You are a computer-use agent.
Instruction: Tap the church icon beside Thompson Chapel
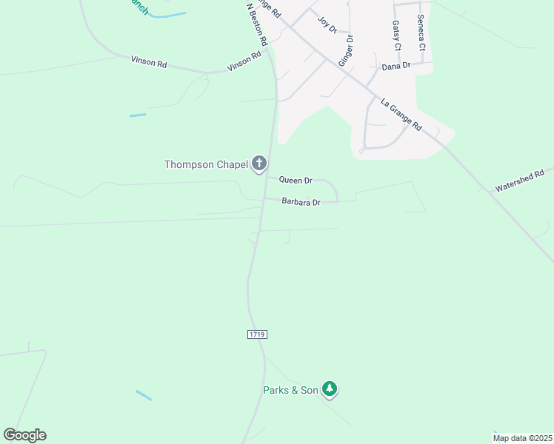point(258,164)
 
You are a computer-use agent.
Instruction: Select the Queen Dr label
point(296,180)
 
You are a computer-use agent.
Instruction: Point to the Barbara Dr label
point(301,202)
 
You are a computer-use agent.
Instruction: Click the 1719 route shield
point(257,334)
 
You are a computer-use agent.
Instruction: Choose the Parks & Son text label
point(290,390)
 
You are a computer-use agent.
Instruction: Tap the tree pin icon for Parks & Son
point(330,388)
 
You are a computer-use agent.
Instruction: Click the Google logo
point(24,435)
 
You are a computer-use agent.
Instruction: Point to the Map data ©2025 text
point(523,437)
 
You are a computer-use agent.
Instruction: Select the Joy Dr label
point(327,24)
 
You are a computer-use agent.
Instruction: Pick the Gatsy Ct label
point(396,36)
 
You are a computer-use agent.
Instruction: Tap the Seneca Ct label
point(421,33)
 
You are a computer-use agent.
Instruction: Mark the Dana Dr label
point(396,67)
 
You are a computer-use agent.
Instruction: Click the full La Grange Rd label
point(401,114)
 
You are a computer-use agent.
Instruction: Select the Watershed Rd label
point(519,179)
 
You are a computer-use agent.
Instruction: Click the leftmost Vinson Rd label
point(149,62)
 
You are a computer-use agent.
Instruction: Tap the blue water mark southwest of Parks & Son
point(144,395)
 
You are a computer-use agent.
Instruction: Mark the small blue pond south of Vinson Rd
point(138,115)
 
